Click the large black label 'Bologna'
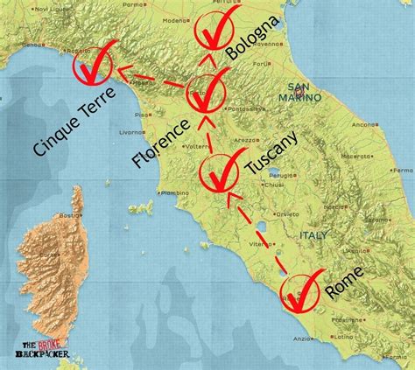pyautogui.click(x=255, y=38)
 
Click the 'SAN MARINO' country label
pyautogui.click(x=303, y=93)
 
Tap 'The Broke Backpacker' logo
pyautogui.click(x=49, y=349)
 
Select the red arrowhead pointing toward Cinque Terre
pyautogui.click(x=123, y=73)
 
